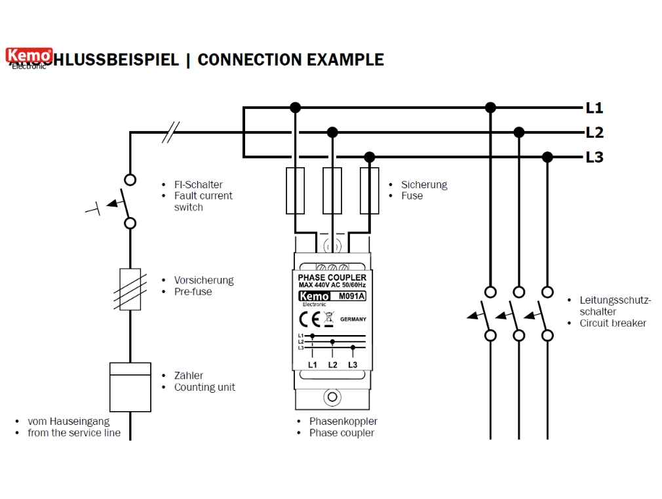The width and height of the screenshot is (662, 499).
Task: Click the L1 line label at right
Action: tap(594, 108)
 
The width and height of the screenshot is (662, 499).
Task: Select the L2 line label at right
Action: tap(594, 133)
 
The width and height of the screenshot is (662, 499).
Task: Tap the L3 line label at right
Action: tap(594, 157)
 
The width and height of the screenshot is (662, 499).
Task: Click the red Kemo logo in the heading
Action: tap(29, 55)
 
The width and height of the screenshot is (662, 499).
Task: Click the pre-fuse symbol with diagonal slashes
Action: tap(130, 289)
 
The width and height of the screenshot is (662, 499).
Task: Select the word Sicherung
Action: tap(424, 185)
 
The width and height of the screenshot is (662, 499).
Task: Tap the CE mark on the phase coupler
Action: tap(309, 319)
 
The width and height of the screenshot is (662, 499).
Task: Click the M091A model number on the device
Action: tap(351, 296)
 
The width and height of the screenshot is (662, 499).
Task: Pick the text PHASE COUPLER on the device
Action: tap(332, 278)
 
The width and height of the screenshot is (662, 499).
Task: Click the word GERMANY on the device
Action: tap(353, 319)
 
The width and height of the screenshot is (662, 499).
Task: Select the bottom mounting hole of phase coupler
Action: tap(332, 397)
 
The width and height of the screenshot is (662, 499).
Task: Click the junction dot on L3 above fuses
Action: tap(369, 157)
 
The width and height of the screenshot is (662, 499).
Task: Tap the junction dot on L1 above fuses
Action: tap(296, 108)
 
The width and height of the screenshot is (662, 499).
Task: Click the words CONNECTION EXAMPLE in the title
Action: tap(290, 60)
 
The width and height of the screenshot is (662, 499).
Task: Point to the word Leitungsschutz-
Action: tap(615, 300)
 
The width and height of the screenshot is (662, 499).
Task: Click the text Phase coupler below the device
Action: tap(341, 433)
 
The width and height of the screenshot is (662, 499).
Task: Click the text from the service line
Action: tap(74, 433)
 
